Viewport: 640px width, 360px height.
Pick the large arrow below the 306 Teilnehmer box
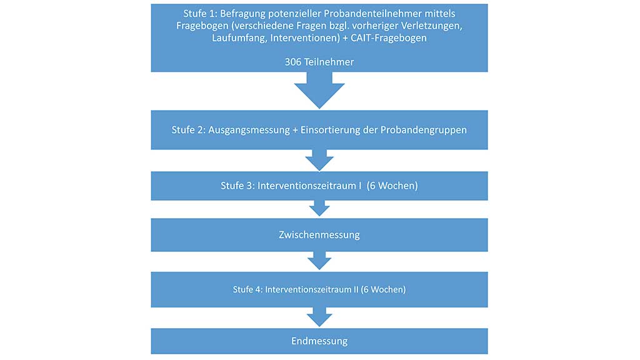(x=319, y=90)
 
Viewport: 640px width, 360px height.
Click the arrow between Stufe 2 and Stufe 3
(x=319, y=159)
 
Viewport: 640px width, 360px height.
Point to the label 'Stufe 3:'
(x=238, y=186)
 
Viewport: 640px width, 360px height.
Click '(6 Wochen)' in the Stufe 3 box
(x=392, y=186)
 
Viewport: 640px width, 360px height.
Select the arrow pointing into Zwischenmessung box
(x=319, y=208)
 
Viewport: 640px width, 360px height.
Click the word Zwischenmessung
(x=319, y=235)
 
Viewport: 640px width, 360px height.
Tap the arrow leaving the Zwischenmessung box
(x=319, y=261)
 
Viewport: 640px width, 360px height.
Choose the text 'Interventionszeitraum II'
(x=311, y=289)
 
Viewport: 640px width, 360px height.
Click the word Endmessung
(x=319, y=341)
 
